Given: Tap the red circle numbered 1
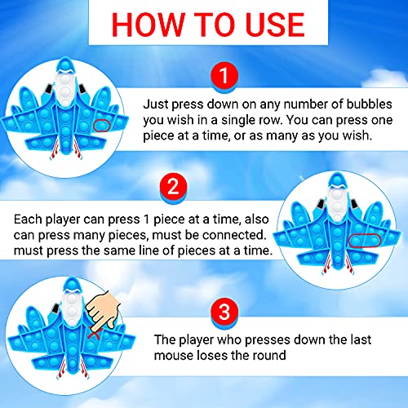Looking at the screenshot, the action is (224, 75).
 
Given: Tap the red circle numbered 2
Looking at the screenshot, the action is (174, 187).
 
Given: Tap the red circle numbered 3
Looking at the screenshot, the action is (224, 312).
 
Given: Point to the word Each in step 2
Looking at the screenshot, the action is (29, 220).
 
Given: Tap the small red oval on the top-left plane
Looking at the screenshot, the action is (102, 126).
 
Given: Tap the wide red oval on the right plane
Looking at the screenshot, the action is (365, 241).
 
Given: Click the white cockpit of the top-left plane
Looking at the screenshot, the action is (65, 88).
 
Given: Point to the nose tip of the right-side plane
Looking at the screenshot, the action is (337, 172).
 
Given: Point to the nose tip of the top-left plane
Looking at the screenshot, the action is (65, 57).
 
